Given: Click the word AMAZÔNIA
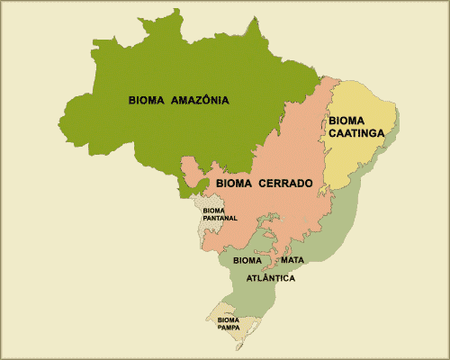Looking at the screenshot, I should (x=200, y=100).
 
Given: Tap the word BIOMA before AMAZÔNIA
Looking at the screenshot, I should (x=146, y=100).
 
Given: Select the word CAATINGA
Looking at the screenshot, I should (x=357, y=133).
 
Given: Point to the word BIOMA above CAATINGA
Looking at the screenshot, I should (x=347, y=120).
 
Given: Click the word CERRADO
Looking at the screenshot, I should (x=285, y=184).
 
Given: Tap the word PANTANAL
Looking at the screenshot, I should (x=220, y=218).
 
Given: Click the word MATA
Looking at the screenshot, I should (x=291, y=260).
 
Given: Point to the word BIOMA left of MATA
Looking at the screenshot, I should (x=247, y=260).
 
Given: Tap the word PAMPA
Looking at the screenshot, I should (x=227, y=328).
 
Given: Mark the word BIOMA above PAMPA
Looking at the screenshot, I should (x=228, y=319).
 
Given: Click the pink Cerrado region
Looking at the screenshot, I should (x=261, y=216).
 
